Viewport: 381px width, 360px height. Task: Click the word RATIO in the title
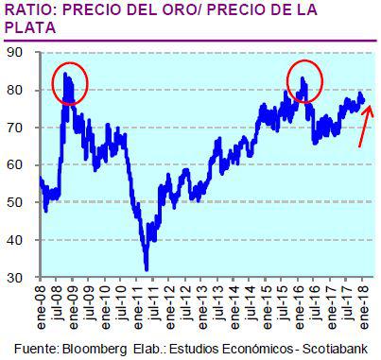pos(31,10)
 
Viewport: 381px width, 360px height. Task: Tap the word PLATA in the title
pos(29,28)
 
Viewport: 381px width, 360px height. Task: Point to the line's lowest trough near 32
pos(146,268)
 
